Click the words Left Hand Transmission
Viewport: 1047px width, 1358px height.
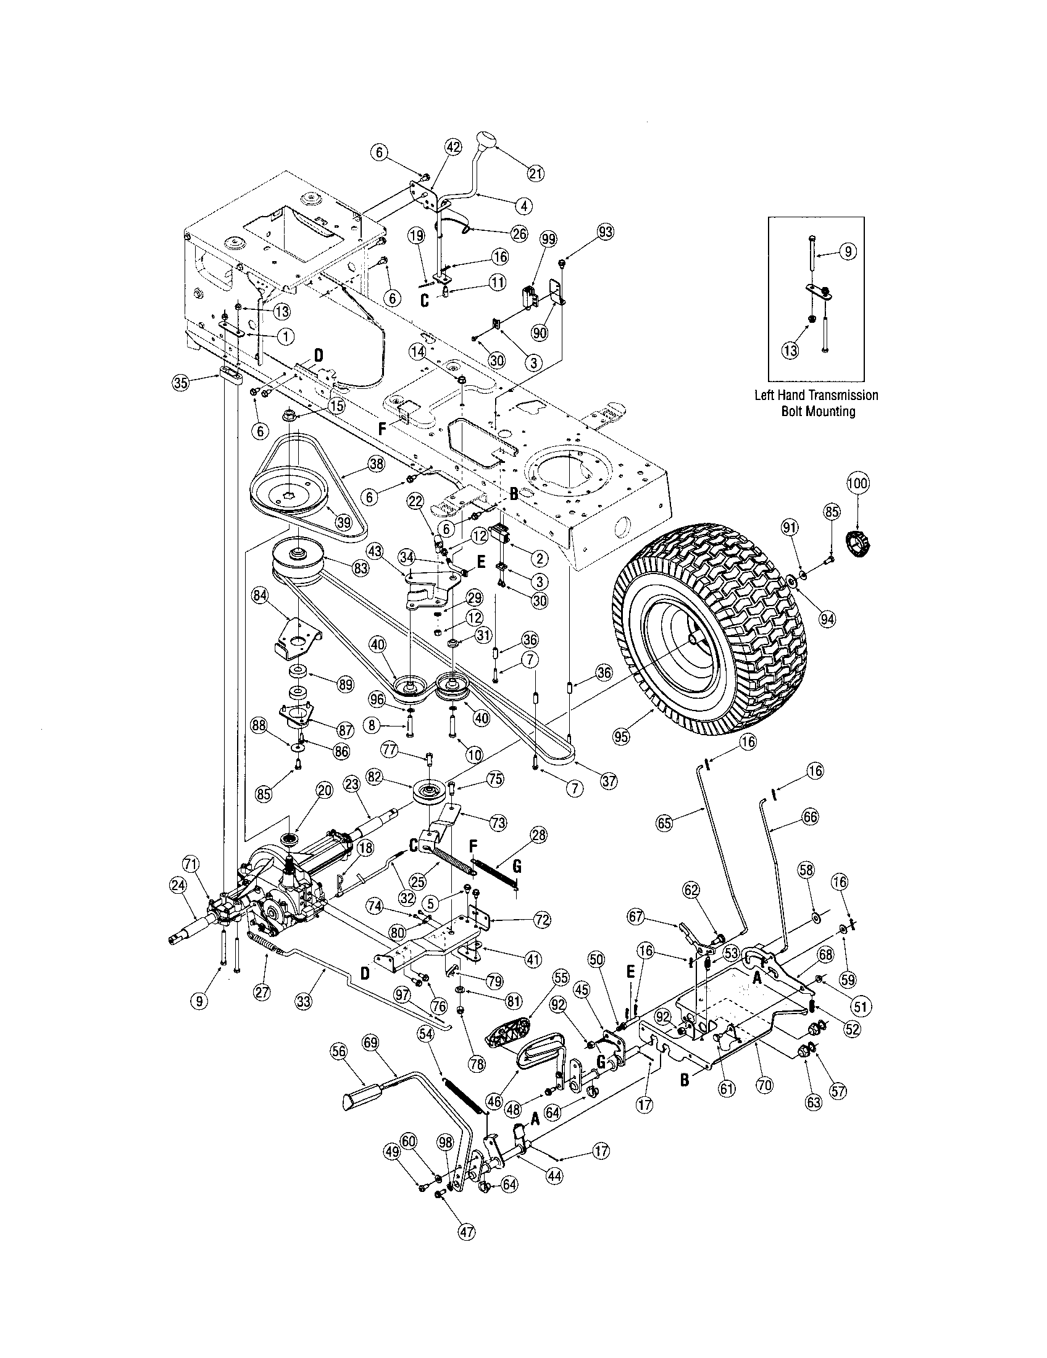click(815, 395)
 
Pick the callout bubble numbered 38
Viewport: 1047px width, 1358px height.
click(376, 463)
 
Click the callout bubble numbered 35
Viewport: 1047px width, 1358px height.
click(180, 383)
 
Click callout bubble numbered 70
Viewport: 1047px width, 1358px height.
click(765, 1085)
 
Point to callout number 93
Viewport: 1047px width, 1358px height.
click(605, 232)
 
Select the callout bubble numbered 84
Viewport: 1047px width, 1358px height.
click(261, 595)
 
